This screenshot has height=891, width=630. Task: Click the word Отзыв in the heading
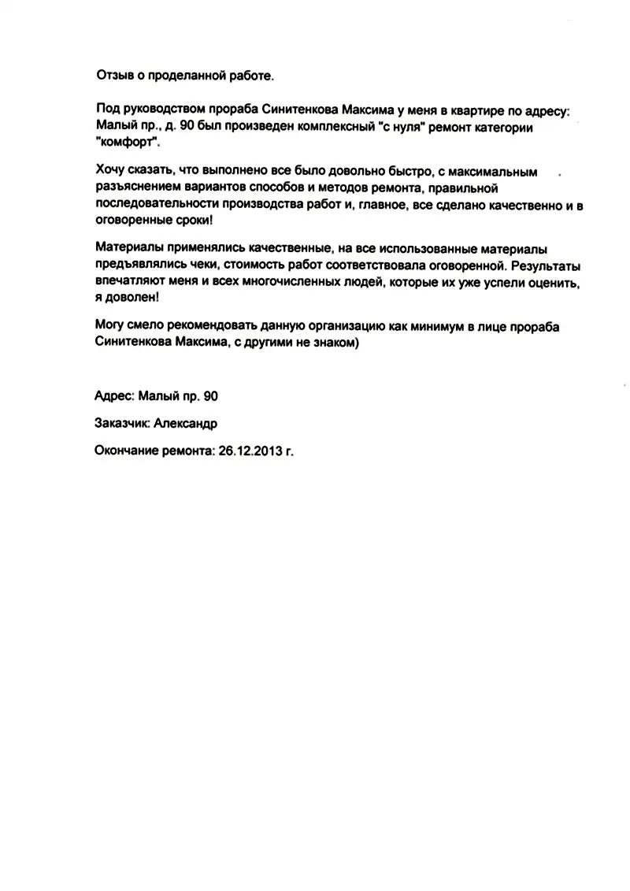coord(113,76)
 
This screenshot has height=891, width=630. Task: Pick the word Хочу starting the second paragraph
coord(110,170)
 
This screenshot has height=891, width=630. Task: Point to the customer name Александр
coord(186,424)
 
